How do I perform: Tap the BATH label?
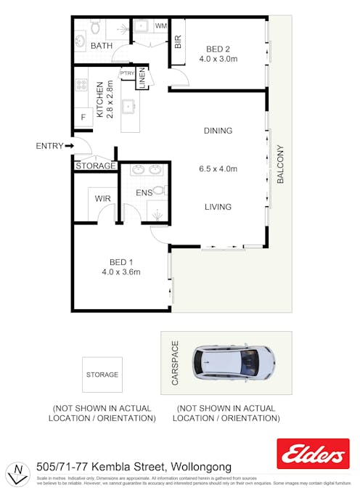pos(101,46)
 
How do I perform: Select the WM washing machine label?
pos(160,26)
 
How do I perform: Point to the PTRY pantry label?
pos(127,73)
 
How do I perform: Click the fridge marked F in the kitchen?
pos(83,117)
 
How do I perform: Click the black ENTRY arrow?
pos(69,146)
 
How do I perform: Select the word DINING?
pos(218,131)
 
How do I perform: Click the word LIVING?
pos(218,207)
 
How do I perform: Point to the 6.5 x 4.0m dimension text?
pos(218,169)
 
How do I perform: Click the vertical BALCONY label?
pos(280,168)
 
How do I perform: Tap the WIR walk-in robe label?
pos(102,197)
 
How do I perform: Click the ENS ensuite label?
pos(144,193)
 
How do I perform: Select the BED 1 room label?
pos(120,262)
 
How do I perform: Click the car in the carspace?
pos(233,361)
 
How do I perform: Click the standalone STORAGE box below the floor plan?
pos(102,375)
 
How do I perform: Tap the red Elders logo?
pos(313,454)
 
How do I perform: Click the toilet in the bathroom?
pos(94,28)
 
